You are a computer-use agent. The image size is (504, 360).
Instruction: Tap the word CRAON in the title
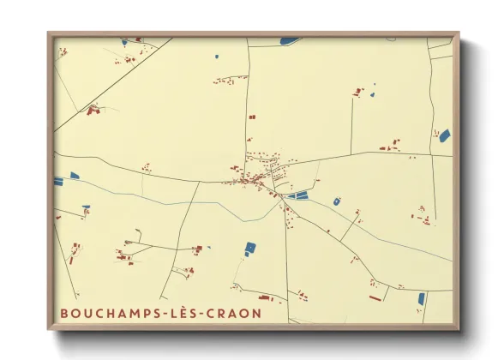click(231, 314)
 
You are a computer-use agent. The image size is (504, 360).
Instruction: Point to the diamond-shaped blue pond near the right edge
click(444, 135)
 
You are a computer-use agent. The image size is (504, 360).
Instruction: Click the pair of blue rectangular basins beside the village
click(297, 196)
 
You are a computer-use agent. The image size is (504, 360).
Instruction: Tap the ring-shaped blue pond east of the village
click(337, 201)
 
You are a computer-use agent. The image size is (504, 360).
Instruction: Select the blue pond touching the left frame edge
click(58, 181)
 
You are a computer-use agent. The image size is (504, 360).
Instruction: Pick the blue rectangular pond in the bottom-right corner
click(421, 298)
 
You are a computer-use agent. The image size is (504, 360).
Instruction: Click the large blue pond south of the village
click(250, 248)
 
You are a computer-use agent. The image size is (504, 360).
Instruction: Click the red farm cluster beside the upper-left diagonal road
click(93, 110)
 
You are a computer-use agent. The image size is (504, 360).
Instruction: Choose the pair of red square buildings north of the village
click(251, 117)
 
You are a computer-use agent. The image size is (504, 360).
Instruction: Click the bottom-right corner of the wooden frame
click(459, 329)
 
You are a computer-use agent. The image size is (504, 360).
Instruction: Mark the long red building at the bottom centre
click(265, 299)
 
